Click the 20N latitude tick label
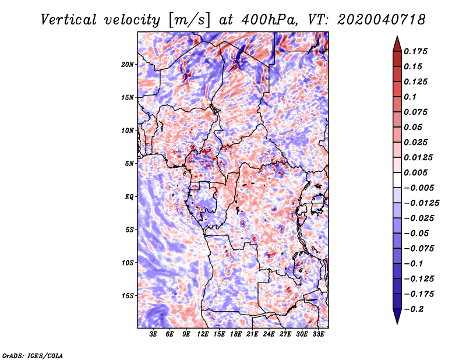pyautogui.click(x=128, y=64)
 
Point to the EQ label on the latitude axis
pyautogui.click(x=129, y=196)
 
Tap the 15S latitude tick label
pyautogui.click(x=128, y=295)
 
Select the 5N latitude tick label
pyautogui.click(x=129, y=164)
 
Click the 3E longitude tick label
pyautogui.click(x=154, y=334)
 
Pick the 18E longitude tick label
pyautogui.click(x=236, y=334)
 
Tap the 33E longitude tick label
pyautogui.click(x=318, y=334)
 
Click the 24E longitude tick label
pyautogui.click(x=269, y=334)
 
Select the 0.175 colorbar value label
pyautogui.click(x=417, y=51)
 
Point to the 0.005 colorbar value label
pyautogui.click(x=417, y=172)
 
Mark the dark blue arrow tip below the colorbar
pyautogui.click(x=397, y=319)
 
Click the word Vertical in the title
pyautogui.click(x=68, y=19)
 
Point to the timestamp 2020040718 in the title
pyautogui.click(x=376, y=19)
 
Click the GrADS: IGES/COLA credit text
pyautogui.click(x=32, y=355)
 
